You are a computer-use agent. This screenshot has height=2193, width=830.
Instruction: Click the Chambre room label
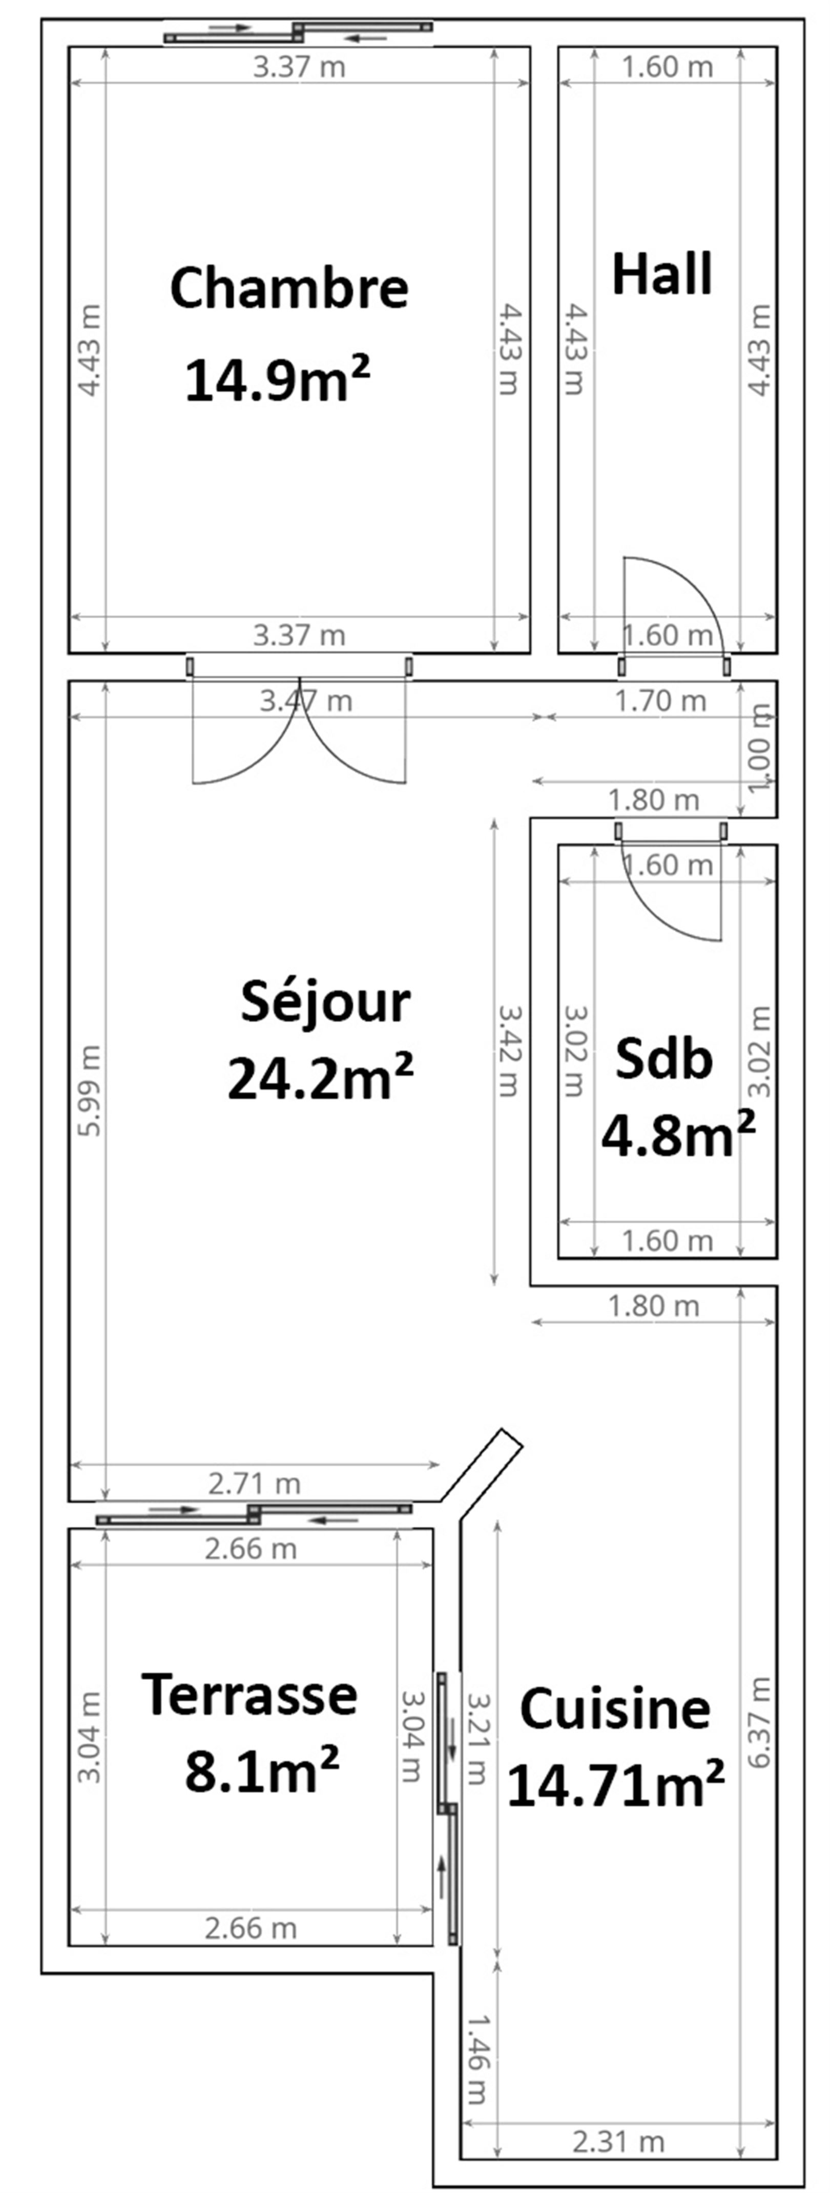point(289,288)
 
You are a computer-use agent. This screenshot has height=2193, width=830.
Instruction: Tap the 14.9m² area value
point(278,379)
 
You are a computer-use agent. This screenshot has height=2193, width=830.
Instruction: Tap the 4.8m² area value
point(678,1135)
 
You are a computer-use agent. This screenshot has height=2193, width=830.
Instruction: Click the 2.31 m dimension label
point(618,2142)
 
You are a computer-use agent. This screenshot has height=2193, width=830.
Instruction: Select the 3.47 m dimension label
point(305,701)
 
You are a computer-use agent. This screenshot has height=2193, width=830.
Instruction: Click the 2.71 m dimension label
point(255,1484)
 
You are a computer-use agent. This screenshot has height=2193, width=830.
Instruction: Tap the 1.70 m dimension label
point(660,701)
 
